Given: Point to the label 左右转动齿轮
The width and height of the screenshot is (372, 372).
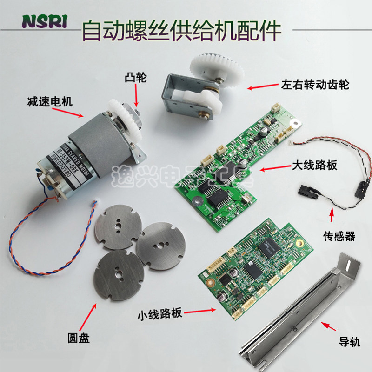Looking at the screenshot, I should coord(314,85).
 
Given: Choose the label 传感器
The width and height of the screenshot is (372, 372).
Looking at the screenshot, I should coord(338,237).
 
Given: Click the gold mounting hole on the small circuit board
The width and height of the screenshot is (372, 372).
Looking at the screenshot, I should coord(300,243).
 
